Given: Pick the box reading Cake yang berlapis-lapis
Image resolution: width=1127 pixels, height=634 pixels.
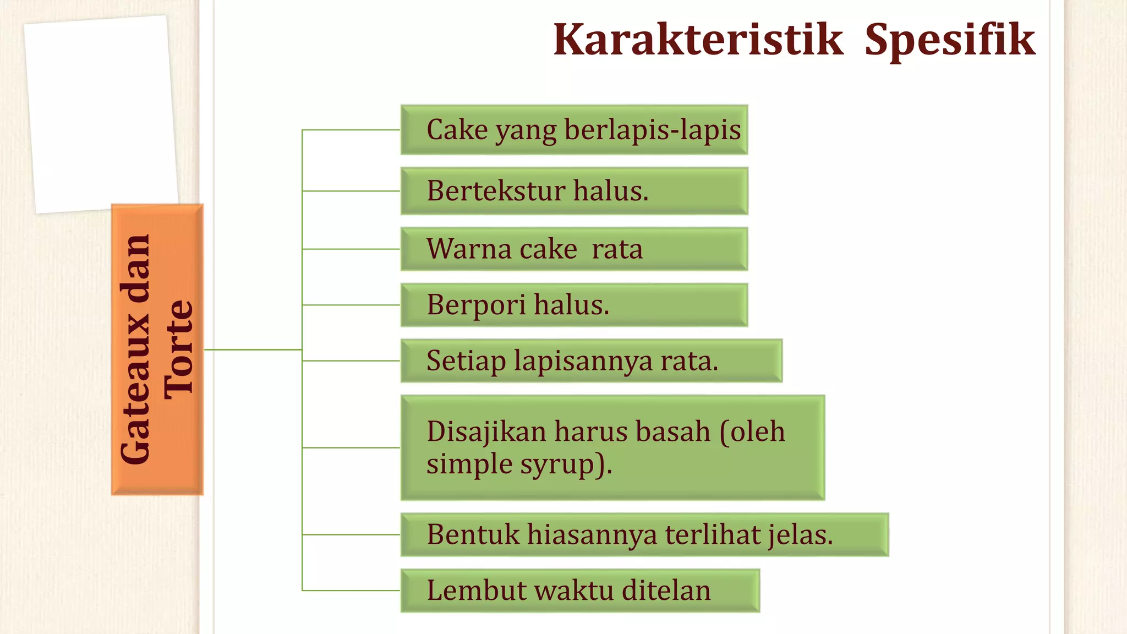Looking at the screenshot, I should point(574,130).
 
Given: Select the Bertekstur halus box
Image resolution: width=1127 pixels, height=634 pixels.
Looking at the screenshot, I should point(574,191).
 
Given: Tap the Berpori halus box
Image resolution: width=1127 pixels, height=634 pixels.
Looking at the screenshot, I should point(574,305).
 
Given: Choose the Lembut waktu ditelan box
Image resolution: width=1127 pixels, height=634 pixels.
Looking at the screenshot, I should point(580,591).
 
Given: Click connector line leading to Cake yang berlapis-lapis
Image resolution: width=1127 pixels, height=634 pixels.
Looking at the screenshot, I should point(351,130).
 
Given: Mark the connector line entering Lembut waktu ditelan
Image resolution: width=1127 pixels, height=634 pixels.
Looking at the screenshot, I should point(351,591).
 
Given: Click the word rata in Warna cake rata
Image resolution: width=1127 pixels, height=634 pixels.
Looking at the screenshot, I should point(617,249).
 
